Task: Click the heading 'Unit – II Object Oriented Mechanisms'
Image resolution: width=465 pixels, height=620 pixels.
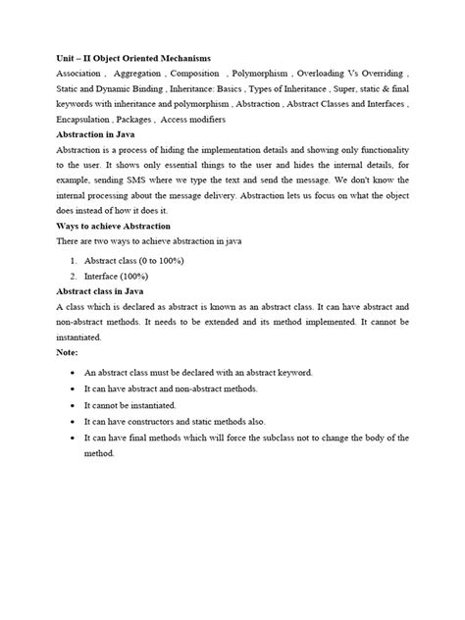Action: (x=133, y=58)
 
